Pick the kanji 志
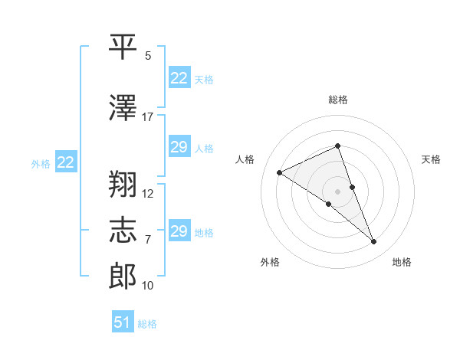[x=123, y=227]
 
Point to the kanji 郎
[x=123, y=273]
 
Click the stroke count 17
[x=147, y=117]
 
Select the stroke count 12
[x=148, y=193]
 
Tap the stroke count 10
[x=148, y=286]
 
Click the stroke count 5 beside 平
[x=148, y=56]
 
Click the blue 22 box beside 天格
[x=179, y=78]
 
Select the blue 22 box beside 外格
[x=66, y=162]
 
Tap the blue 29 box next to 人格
[x=179, y=147]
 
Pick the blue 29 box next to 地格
[x=179, y=231]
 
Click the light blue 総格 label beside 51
[x=147, y=324]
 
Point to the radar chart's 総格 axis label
[x=337, y=100]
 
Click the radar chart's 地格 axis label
[x=402, y=262]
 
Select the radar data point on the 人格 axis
[x=280, y=173]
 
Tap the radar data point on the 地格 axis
[x=374, y=242]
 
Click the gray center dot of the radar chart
[x=337, y=191]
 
